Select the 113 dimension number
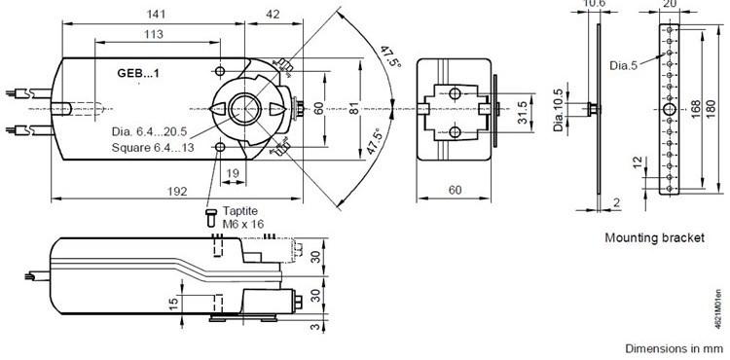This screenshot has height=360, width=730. coord(154,34)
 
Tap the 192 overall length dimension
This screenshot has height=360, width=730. coord(177,191)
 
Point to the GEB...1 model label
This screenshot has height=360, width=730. coord(138,73)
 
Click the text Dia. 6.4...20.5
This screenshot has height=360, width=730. coord(149,131)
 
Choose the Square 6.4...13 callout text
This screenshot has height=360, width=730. coord(153,148)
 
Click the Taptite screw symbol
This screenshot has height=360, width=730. coord(211,218)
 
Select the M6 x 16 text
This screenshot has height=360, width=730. coord(243,224)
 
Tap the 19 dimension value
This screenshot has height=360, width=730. coord(233,173)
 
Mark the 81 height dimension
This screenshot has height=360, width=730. coord(354,108)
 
